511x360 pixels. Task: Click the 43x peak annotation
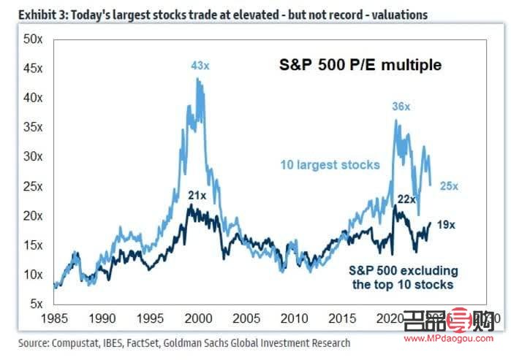(x=200, y=66)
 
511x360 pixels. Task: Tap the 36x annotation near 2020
(x=401, y=107)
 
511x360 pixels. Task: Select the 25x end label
(x=449, y=186)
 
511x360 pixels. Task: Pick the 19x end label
(x=446, y=225)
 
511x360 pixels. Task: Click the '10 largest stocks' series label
(x=330, y=164)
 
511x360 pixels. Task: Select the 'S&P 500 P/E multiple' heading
(x=361, y=65)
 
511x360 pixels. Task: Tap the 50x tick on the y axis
(x=33, y=38)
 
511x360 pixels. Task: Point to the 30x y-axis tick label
(x=33, y=156)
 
